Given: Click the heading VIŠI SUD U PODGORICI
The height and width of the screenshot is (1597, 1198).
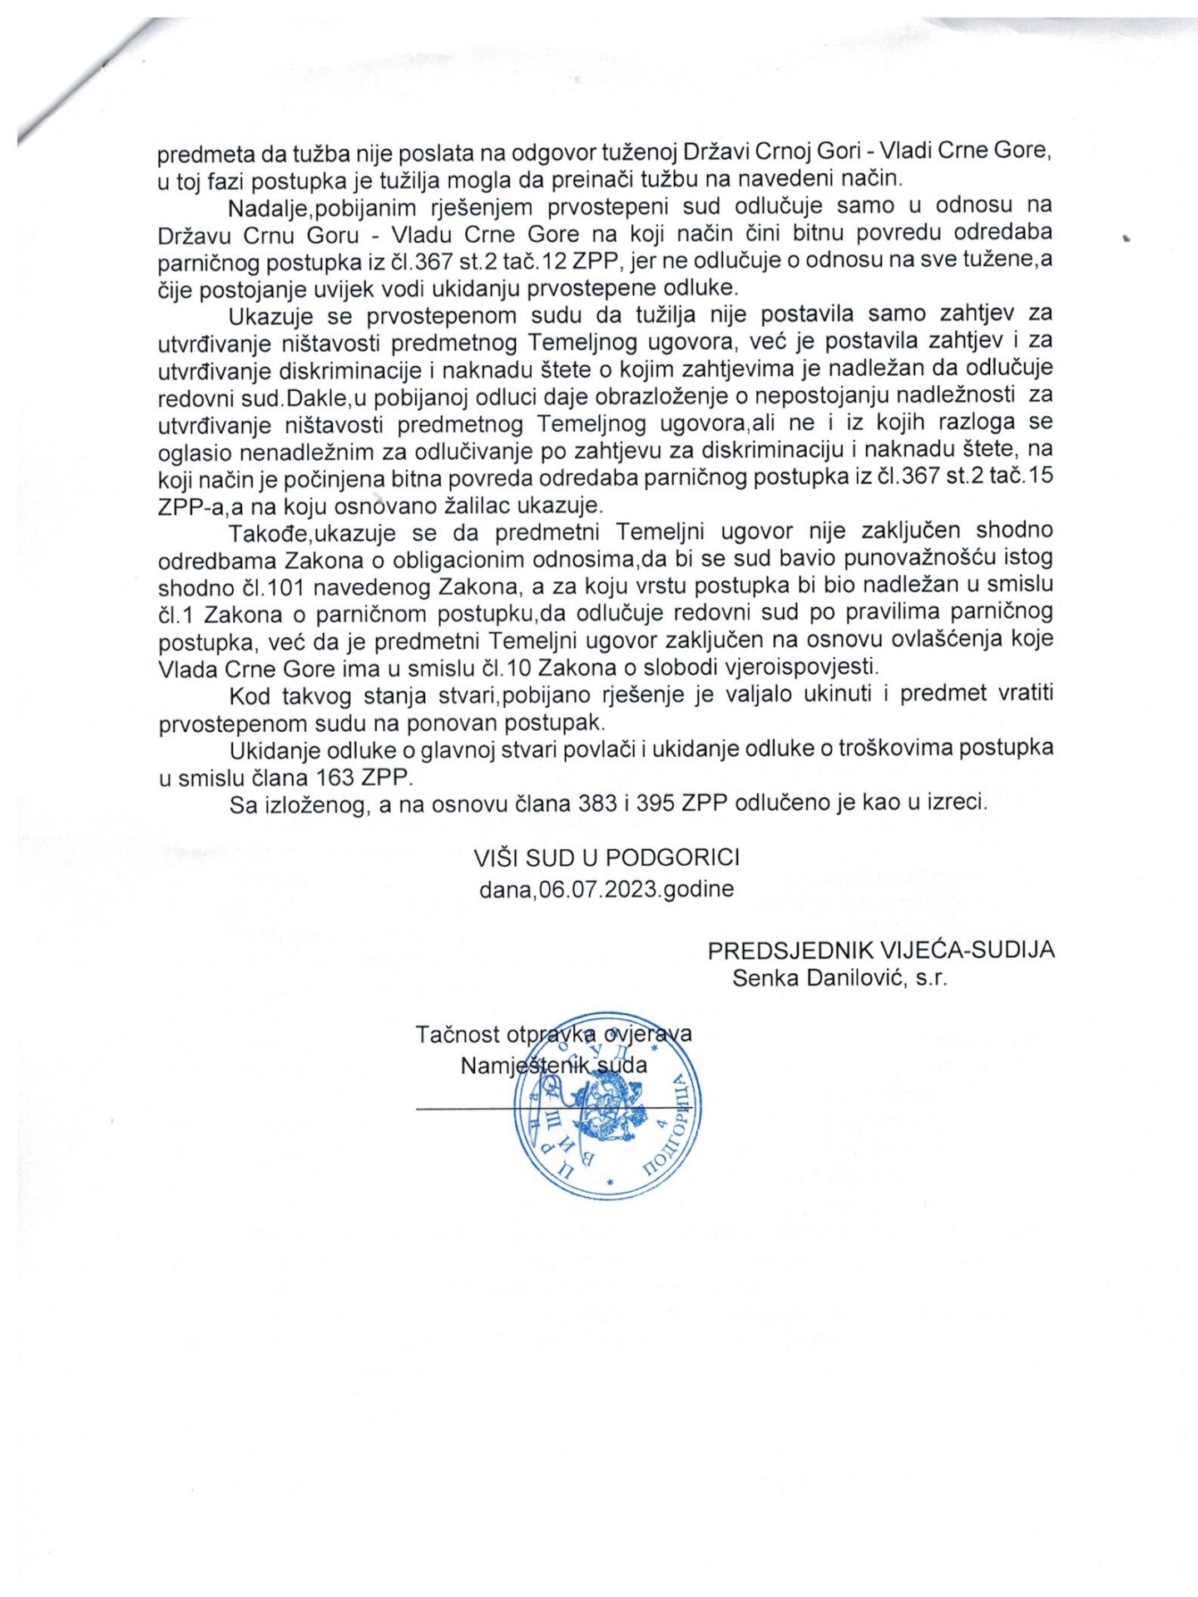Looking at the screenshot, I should click(x=606, y=857).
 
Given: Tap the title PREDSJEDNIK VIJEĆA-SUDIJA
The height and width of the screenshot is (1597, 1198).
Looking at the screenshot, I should click(x=881, y=950).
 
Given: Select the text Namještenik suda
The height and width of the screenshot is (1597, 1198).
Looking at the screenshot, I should click(x=554, y=1065).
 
